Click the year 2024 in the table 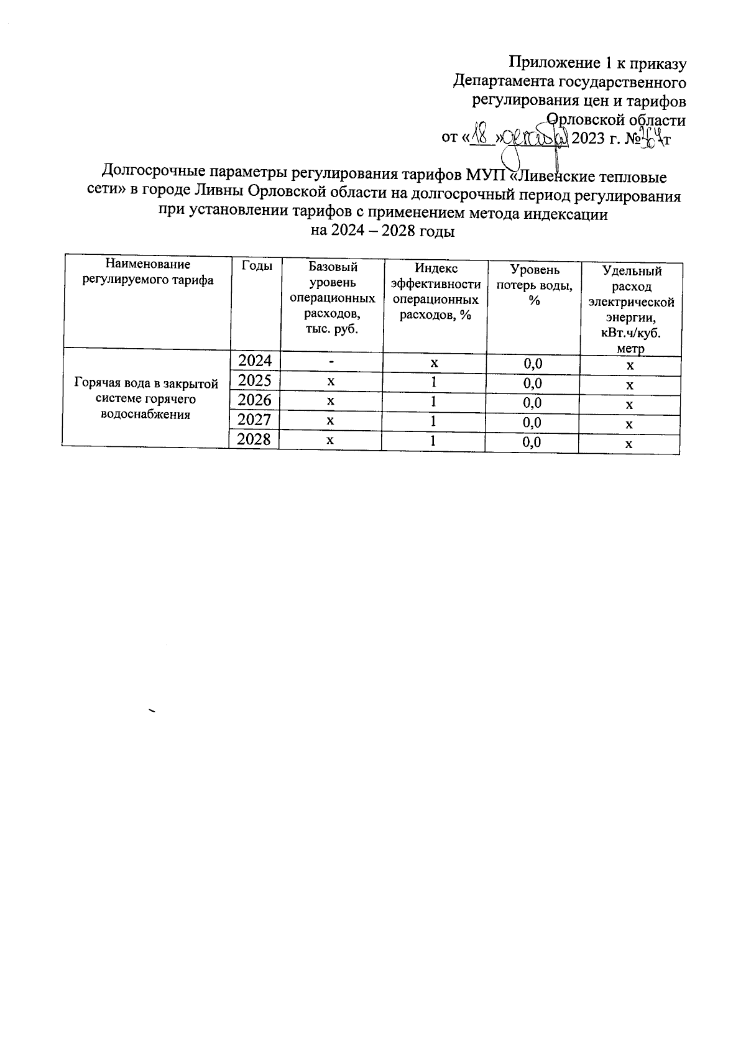(255, 361)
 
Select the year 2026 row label (255, 400)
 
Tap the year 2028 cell (255, 439)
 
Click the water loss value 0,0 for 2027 (532, 423)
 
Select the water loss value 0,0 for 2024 (532, 363)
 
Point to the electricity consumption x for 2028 (629, 444)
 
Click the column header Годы (256, 266)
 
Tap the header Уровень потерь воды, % (534, 285)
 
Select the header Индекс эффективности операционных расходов (435, 291)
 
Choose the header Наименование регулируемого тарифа (148, 272)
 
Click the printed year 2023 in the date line (591, 137)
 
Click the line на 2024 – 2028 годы (382, 232)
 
